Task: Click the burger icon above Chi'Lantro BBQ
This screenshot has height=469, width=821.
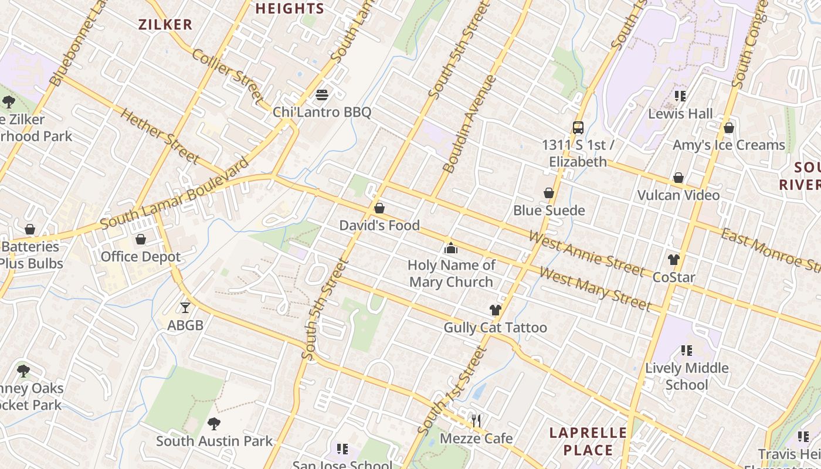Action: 321,94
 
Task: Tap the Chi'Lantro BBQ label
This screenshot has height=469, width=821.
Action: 321,112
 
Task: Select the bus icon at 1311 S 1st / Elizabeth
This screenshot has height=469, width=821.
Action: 578,127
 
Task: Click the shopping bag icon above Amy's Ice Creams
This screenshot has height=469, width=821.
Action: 729,127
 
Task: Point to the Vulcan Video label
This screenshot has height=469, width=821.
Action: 678,195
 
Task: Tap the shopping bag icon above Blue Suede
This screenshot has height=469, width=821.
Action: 549,193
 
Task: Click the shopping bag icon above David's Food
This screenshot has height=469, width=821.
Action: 379,208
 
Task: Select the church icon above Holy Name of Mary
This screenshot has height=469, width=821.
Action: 451,248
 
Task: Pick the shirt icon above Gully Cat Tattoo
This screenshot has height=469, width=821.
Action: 496,310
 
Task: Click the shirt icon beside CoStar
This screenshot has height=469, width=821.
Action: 673,259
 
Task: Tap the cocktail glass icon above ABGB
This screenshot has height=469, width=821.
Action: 185,307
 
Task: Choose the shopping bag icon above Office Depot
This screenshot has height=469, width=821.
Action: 141,239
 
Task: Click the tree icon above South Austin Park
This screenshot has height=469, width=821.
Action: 214,423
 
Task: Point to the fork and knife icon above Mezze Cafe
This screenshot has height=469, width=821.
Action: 476,420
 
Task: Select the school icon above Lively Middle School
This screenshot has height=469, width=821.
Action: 687,351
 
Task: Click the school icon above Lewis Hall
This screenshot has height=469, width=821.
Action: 680,96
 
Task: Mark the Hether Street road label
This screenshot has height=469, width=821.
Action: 160,136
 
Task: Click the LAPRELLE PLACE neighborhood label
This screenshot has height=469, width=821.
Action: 588,441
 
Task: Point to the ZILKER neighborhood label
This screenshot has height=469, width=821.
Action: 165,25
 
